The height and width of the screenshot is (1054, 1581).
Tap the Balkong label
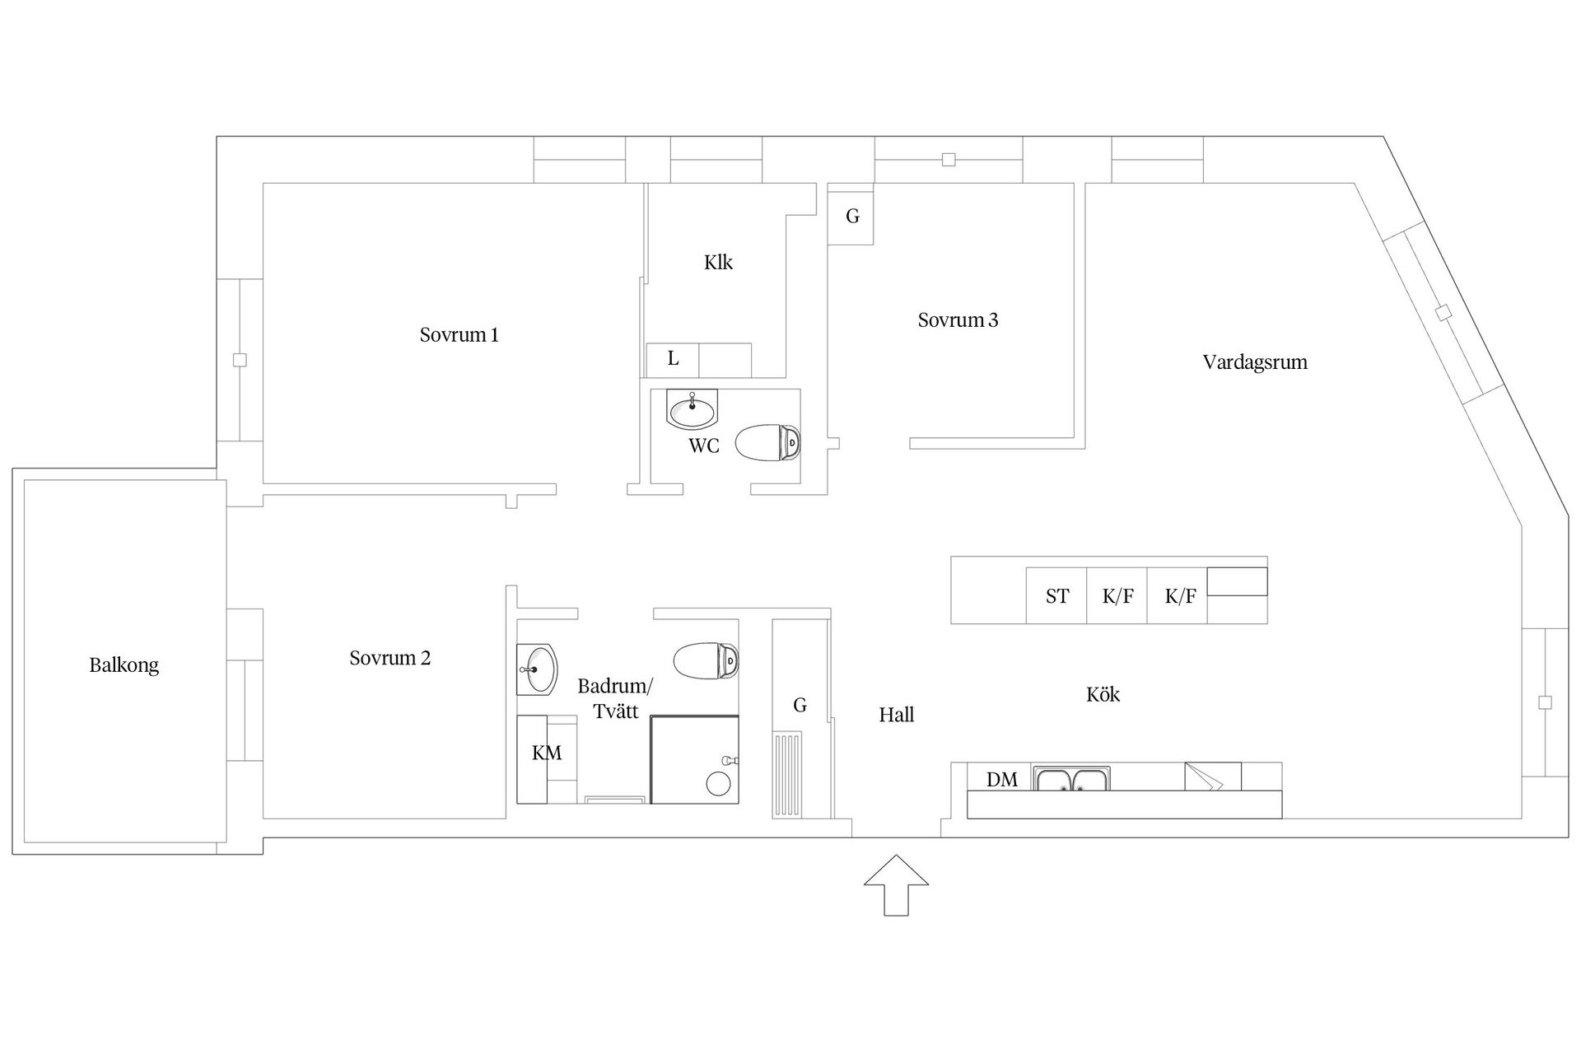124,665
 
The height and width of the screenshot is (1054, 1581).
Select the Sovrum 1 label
459,335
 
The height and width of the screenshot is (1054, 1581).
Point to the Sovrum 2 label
389,658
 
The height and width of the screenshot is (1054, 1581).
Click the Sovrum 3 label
958,320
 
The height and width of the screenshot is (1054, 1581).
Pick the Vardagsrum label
1254,362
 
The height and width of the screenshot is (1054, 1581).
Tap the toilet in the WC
767,444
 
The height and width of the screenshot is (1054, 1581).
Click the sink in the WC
692,409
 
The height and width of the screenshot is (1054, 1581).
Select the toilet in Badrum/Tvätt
706,660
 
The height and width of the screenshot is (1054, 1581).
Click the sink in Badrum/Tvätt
538,669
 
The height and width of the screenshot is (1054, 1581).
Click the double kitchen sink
1072,778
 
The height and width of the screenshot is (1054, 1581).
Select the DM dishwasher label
1002,779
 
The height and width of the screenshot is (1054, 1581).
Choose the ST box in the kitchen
1056,596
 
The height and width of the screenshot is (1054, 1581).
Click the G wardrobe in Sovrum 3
851,217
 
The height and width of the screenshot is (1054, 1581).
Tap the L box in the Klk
673,359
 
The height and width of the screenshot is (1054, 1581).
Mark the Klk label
718,263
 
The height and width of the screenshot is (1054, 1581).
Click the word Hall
896,715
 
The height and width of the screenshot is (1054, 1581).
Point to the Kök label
1103,695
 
